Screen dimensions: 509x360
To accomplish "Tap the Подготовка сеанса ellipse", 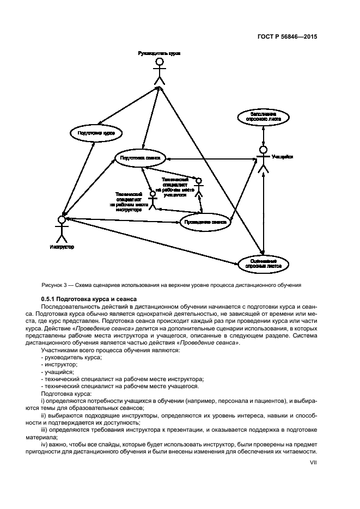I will pyautogui.click(x=140, y=157).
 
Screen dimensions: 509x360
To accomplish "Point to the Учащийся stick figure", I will pyautogui.click(x=264, y=160).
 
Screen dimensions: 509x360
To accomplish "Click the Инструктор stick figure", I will pyautogui.click(x=62, y=229).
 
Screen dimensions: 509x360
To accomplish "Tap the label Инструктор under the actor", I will pyautogui.click(x=62, y=247).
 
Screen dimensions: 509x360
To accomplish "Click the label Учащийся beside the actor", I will pyautogui.click(x=283, y=156).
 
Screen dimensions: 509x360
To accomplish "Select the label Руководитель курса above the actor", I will pyautogui.click(x=159, y=53).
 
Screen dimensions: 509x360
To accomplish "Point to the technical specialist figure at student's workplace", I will pyautogui.click(x=199, y=188).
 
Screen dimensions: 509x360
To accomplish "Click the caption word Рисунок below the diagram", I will pyautogui.click(x=53, y=285).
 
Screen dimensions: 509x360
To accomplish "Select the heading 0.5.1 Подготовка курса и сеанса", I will pyautogui.click(x=88, y=299).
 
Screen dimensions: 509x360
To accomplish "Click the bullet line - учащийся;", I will pyautogui.click(x=57, y=372).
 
